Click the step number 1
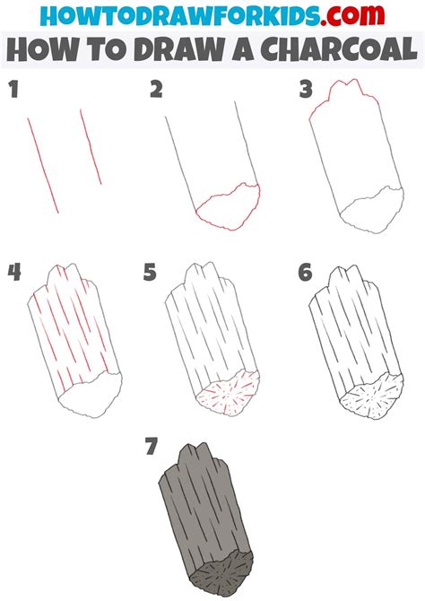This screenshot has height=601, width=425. point(13,90)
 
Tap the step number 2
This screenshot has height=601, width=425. point(156,90)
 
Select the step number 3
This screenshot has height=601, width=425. point(306,90)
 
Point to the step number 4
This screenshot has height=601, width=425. point(14,272)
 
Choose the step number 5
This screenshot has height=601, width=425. point(150,272)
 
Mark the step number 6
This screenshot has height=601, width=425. point(305,272)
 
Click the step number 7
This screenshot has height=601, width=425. point(152,446)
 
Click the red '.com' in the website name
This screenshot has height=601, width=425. point(352,15)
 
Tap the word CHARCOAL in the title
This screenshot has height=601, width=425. point(339,49)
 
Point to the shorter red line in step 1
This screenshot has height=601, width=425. point(91,147)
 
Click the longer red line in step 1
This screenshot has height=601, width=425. point(43,166)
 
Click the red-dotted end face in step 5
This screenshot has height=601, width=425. point(229,393)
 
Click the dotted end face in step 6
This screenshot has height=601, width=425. point(372,397)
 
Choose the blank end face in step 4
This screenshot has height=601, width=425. point(91,395)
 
